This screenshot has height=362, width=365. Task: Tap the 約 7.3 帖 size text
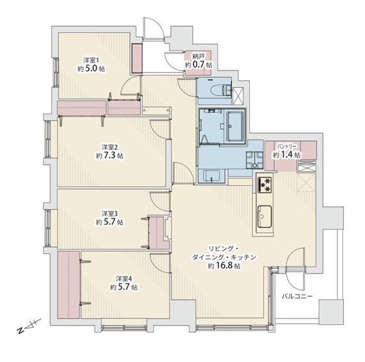pyautogui.click(x=109, y=156)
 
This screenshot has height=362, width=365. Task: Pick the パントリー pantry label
pyautogui.click(x=286, y=147)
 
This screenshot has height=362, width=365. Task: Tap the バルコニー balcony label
pyautogui.click(x=296, y=297)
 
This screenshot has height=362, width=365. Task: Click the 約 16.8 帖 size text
pyautogui.click(x=224, y=266)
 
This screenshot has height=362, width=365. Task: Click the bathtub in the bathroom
pyautogui.click(x=234, y=126)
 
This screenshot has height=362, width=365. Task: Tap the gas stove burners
pyautogui.click(x=264, y=185)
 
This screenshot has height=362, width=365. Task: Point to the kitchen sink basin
pyautogui.click(x=264, y=217)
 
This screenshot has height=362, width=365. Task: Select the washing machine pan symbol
pyautogui.click(x=255, y=160)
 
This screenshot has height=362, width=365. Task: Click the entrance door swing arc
pyautogui.click(x=154, y=28)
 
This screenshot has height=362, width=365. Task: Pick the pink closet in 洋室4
pyautogui.click(x=69, y=284)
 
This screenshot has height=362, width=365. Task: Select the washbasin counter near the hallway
pyautogui.click(x=211, y=176)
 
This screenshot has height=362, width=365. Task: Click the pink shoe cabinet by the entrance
pyautogui.click(x=137, y=58)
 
